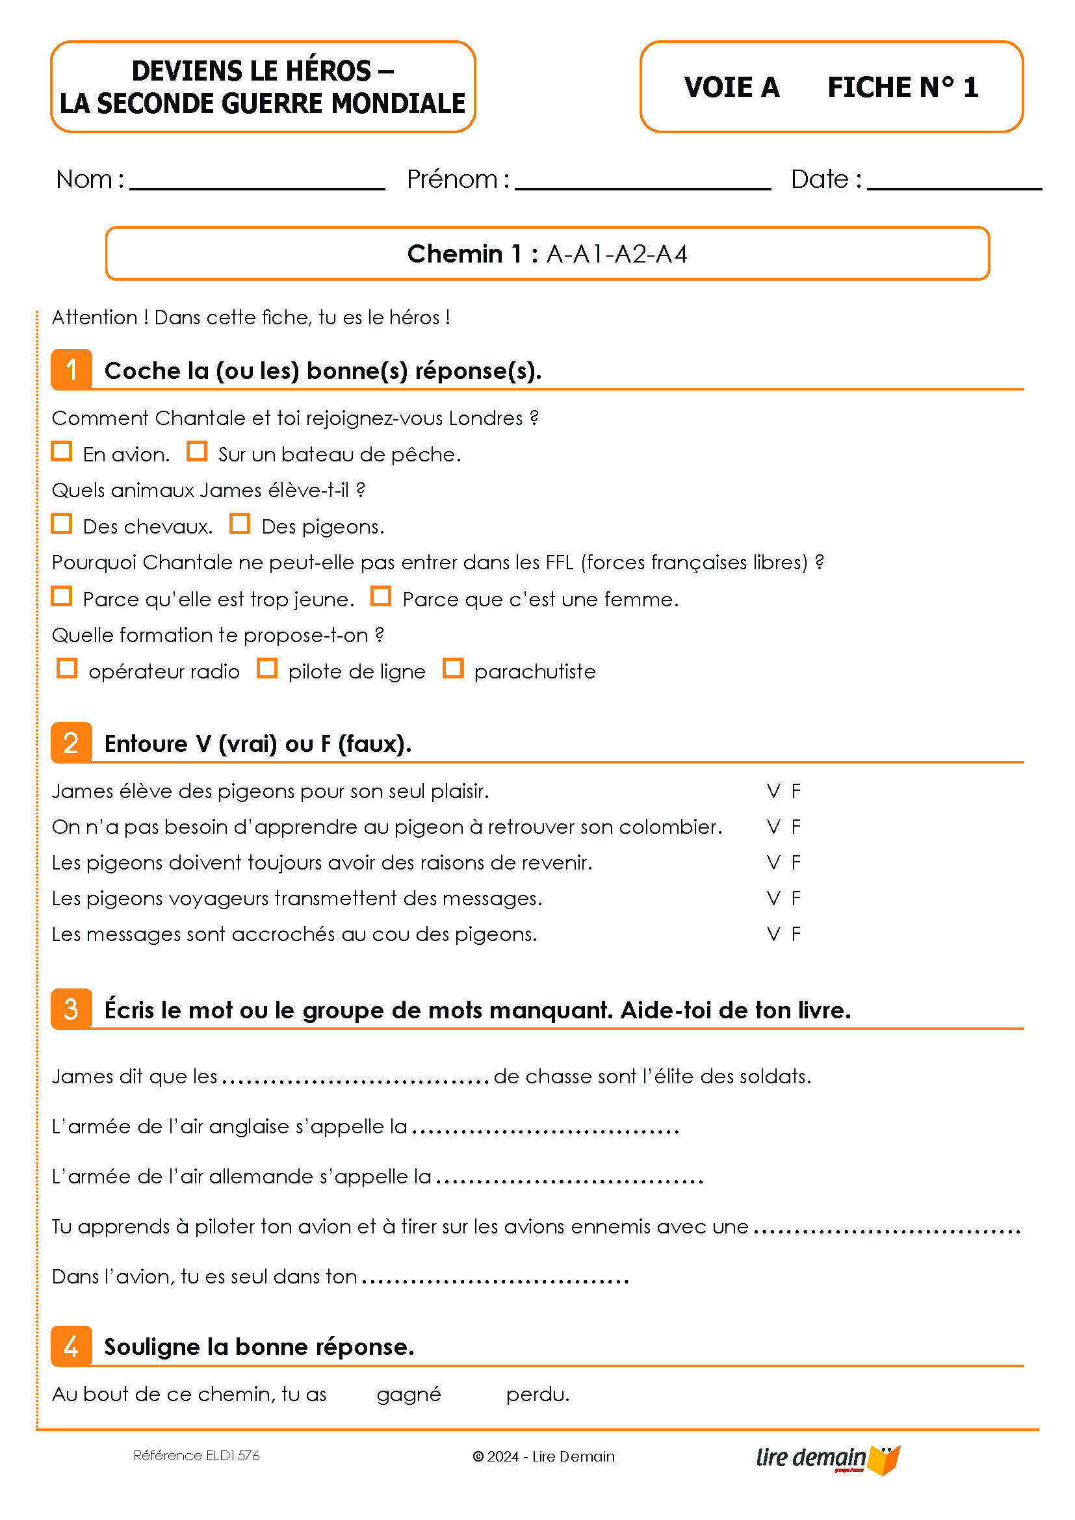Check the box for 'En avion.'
(x=62, y=452)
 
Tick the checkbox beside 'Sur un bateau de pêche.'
(x=196, y=452)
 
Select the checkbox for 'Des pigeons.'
(x=240, y=524)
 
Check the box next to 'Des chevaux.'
(x=62, y=524)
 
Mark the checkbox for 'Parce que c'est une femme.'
(x=381, y=596)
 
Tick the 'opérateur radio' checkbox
(x=67, y=668)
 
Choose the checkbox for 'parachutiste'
(x=453, y=668)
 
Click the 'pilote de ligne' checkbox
(x=266, y=668)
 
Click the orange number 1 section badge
(x=71, y=369)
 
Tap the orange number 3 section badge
(x=71, y=1009)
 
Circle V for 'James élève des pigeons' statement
(x=773, y=791)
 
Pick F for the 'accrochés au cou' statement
(x=796, y=934)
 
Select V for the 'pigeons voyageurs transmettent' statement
(x=773, y=898)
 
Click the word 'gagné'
(x=408, y=1395)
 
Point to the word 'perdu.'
(x=537, y=1394)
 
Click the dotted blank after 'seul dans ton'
(x=495, y=1278)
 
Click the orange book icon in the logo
(x=885, y=1460)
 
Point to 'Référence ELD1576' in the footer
(x=196, y=1456)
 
